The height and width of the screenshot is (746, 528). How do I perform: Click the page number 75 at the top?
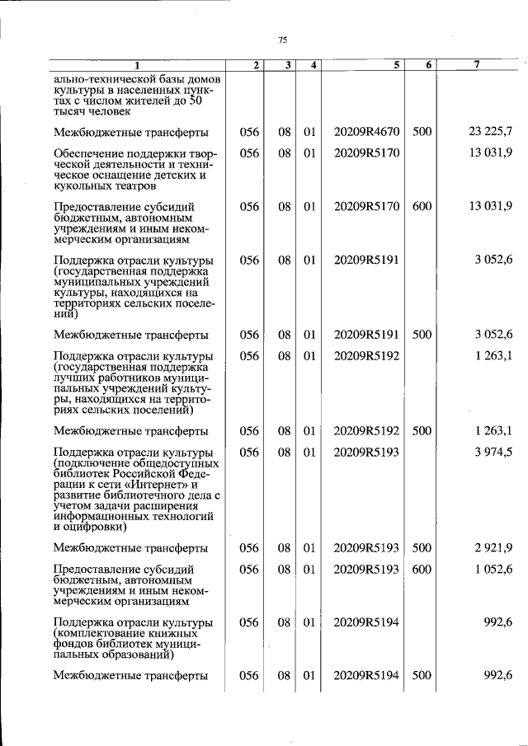pos(282,40)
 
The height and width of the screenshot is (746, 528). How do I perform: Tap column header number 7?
pos(476,64)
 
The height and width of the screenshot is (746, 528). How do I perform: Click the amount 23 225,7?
pos(490,132)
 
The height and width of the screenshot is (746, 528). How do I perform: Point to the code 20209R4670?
pos(366,132)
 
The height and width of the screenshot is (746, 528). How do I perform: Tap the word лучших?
pos(76,378)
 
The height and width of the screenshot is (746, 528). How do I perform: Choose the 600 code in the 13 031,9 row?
pos(422,206)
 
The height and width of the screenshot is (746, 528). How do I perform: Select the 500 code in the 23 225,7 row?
pos(422,132)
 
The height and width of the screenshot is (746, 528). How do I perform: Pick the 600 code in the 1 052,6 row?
pos(422,570)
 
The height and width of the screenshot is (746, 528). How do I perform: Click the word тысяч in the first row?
pos(70,110)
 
